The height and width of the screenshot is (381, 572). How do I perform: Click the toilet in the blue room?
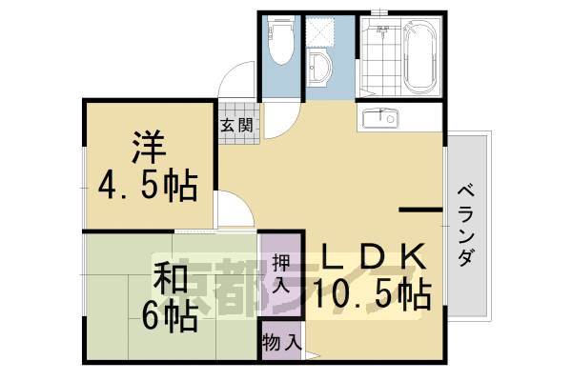[281, 43]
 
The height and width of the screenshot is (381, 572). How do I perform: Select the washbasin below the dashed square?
[322, 68]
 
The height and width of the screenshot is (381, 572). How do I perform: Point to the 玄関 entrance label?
[236, 124]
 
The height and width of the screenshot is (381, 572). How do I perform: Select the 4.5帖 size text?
[150, 186]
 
